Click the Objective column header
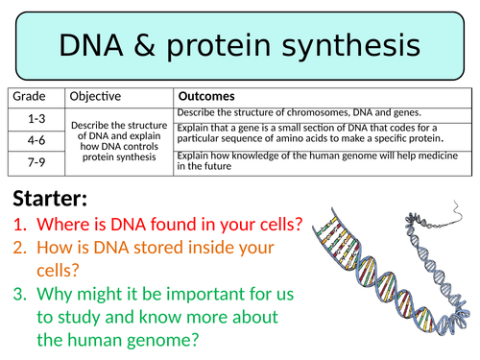96,97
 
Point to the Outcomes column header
207,97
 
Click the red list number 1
20,227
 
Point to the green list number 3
20,295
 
